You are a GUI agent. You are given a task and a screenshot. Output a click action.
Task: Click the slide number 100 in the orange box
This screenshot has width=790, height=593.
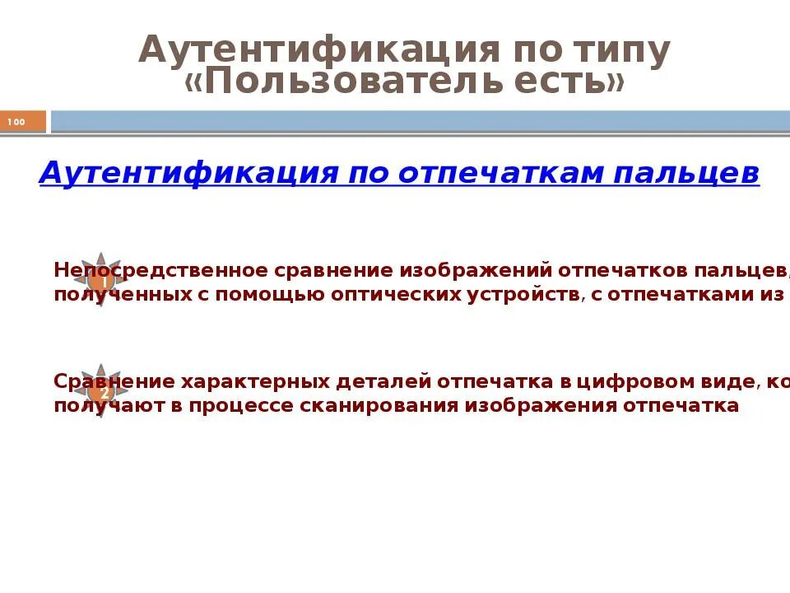16,123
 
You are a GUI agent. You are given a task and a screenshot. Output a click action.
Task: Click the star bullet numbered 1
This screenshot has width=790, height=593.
102,278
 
